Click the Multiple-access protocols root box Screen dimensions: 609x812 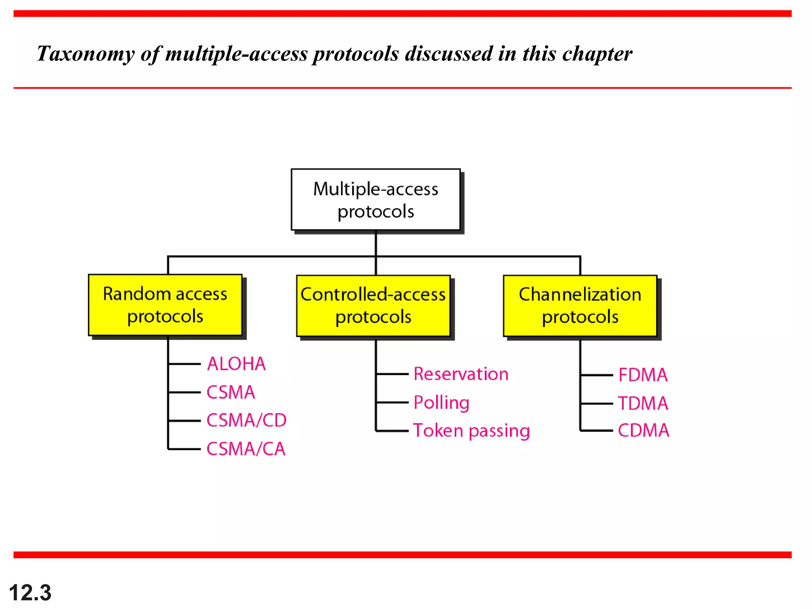click(x=375, y=199)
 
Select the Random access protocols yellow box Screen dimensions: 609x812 click(x=165, y=305)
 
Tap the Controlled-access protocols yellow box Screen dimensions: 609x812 click(x=373, y=306)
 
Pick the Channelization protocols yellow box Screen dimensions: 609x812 click(x=580, y=306)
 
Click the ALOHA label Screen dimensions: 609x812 click(x=236, y=364)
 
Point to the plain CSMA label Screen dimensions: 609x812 click(x=231, y=392)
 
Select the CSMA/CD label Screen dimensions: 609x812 click(x=246, y=420)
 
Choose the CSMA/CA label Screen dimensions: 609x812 click(x=246, y=449)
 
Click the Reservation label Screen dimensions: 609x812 click(x=461, y=374)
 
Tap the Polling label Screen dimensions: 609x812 click(x=441, y=402)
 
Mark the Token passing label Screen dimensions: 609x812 click(x=471, y=431)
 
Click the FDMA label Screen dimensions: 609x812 click(x=643, y=375)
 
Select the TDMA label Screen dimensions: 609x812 click(x=643, y=403)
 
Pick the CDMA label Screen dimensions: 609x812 click(x=643, y=431)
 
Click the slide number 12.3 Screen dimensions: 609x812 click(x=30, y=593)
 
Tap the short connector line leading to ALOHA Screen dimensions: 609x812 click(x=185, y=364)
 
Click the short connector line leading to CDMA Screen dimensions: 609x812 click(x=597, y=431)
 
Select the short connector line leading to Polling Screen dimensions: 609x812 click(x=392, y=402)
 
